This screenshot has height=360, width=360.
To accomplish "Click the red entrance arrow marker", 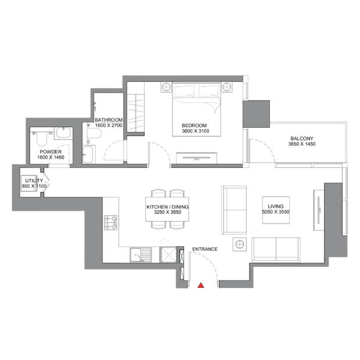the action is tap(201, 285).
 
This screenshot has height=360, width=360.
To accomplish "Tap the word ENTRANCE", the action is tap(205, 249).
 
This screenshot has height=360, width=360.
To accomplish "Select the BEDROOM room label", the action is tap(195, 125).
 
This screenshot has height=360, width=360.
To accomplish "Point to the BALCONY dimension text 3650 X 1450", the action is tap(302, 144).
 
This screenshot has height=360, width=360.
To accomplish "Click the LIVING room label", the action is tap(275, 206).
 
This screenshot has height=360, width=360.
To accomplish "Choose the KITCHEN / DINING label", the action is tap(168, 207).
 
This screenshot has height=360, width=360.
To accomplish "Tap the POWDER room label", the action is tap(51, 152).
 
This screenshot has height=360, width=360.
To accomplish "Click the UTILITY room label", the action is tap(34, 181).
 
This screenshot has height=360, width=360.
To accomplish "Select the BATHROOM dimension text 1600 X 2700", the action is tap(109, 125).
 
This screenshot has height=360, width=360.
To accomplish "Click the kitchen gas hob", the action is tap(111, 222).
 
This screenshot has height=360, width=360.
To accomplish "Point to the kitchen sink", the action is tap(141, 255).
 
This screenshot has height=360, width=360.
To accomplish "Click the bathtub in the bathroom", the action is tap(89, 154).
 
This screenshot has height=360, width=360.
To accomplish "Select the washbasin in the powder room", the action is tap(63, 133).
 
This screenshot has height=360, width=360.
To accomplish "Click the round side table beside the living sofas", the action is tap(239, 244).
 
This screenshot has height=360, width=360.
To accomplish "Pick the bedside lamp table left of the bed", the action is tap(166, 87).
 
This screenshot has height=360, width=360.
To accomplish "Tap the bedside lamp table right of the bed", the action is tap(226, 87).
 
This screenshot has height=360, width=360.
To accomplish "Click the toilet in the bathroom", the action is tap(95, 134).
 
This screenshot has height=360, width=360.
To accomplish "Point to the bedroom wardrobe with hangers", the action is tap(136, 113).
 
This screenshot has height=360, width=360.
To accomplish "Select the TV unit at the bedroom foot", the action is tap(196, 158).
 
